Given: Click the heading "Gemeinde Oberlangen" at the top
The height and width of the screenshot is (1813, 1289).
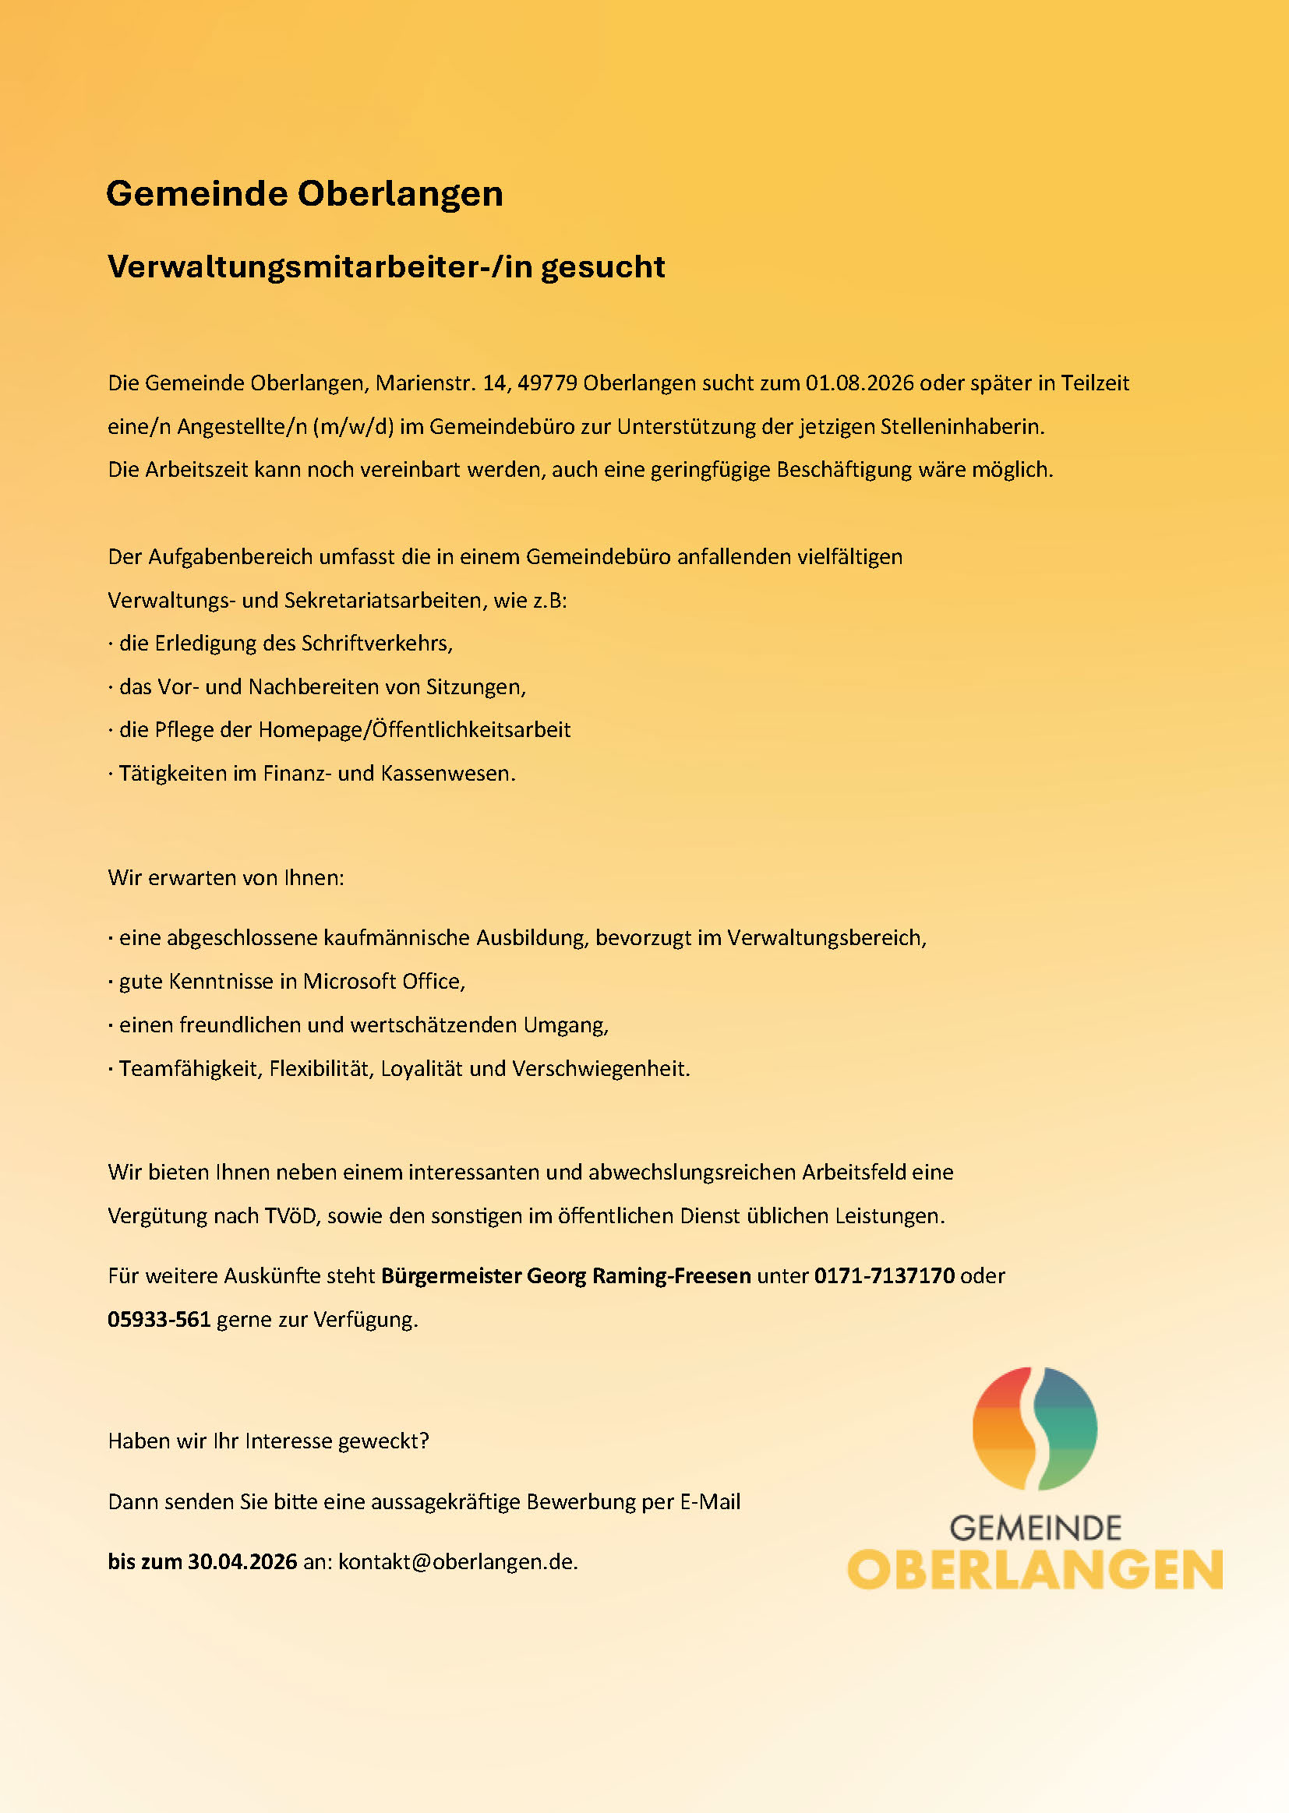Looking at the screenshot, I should pyautogui.click(x=304, y=193).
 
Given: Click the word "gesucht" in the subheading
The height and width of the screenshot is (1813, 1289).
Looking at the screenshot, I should pyautogui.click(x=602, y=267).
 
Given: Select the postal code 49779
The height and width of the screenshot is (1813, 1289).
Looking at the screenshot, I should pyautogui.click(x=547, y=383).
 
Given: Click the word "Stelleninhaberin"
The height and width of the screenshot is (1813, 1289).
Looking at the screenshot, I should pyautogui.click(x=961, y=427).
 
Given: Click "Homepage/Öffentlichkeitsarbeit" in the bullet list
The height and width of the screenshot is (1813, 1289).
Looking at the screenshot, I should pyautogui.click(x=415, y=730).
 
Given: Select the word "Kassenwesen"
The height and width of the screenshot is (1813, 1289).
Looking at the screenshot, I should pyautogui.click(x=447, y=774).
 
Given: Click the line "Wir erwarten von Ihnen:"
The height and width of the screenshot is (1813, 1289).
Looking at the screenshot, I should pyautogui.click(x=226, y=877).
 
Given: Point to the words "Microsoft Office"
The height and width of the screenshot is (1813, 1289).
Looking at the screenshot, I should pyautogui.click(x=383, y=982).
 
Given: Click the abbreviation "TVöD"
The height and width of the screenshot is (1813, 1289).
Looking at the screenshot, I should pyautogui.click(x=291, y=1215).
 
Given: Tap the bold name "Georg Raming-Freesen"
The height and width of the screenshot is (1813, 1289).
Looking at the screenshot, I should pyautogui.click(x=638, y=1276).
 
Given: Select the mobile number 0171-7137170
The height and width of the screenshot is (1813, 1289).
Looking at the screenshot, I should pyautogui.click(x=885, y=1276).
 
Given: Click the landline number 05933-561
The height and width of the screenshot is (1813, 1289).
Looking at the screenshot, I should pyautogui.click(x=159, y=1320).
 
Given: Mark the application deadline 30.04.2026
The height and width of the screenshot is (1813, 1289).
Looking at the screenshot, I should pyautogui.click(x=242, y=1561).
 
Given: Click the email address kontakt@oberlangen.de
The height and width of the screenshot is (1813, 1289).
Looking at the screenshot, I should pyautogui.click(x=457, y=1561).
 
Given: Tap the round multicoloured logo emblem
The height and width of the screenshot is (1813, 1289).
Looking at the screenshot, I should pyautogui.click(x=1034, y=1428).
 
